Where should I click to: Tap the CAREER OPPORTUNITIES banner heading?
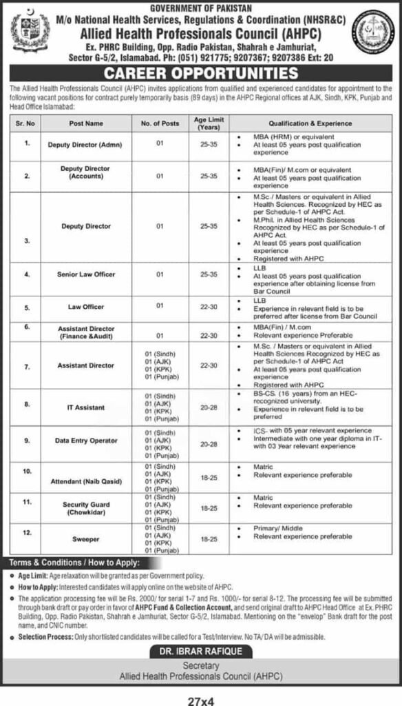tap(200, 72)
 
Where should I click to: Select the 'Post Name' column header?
tap(86, 123)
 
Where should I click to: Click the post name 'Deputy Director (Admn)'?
tap(86, 145)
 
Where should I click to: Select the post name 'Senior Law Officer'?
tap(86, 274)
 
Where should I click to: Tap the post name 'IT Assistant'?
tap(86, 408)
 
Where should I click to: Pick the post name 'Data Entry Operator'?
tap(86, 440)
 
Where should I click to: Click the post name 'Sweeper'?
tap(86, 537)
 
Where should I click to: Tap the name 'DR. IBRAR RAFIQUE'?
tap(201, 651)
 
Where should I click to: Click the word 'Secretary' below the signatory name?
tap(200, 665)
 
